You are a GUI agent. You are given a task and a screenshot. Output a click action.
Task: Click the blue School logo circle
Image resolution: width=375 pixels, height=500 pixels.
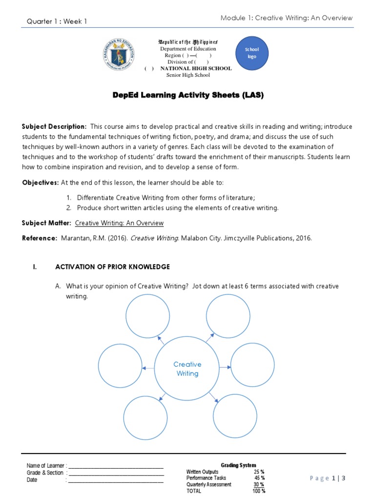[251, 53]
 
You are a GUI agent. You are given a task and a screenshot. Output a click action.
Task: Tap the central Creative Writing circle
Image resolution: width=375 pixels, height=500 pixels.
[187, 369]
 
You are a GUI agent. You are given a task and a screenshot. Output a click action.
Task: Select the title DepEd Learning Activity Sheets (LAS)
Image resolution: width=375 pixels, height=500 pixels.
[187, 96]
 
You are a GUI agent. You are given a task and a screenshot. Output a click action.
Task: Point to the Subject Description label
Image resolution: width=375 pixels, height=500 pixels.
[54, 126]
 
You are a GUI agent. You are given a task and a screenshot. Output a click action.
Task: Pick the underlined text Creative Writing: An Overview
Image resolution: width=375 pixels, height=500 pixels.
[119, 223]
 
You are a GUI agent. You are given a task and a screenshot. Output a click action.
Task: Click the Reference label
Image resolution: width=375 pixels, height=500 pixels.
[40, 238]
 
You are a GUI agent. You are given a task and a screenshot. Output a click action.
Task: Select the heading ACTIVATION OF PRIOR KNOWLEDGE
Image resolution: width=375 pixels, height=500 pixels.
[112, 267]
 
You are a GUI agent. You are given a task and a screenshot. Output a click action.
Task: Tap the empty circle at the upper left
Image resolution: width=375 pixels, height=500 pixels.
[146, 316]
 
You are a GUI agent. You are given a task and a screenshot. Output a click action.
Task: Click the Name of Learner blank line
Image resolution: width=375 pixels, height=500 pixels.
[116, 466]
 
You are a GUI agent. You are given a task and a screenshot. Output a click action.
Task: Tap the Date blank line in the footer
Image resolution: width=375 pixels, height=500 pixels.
[116, 480]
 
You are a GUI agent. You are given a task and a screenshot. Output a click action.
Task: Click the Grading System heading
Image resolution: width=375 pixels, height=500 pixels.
[238, 465]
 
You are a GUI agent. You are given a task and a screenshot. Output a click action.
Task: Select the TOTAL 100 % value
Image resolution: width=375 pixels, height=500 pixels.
[259, 491]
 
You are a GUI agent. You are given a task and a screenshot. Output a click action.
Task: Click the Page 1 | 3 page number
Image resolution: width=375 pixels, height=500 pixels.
[328, 479]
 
